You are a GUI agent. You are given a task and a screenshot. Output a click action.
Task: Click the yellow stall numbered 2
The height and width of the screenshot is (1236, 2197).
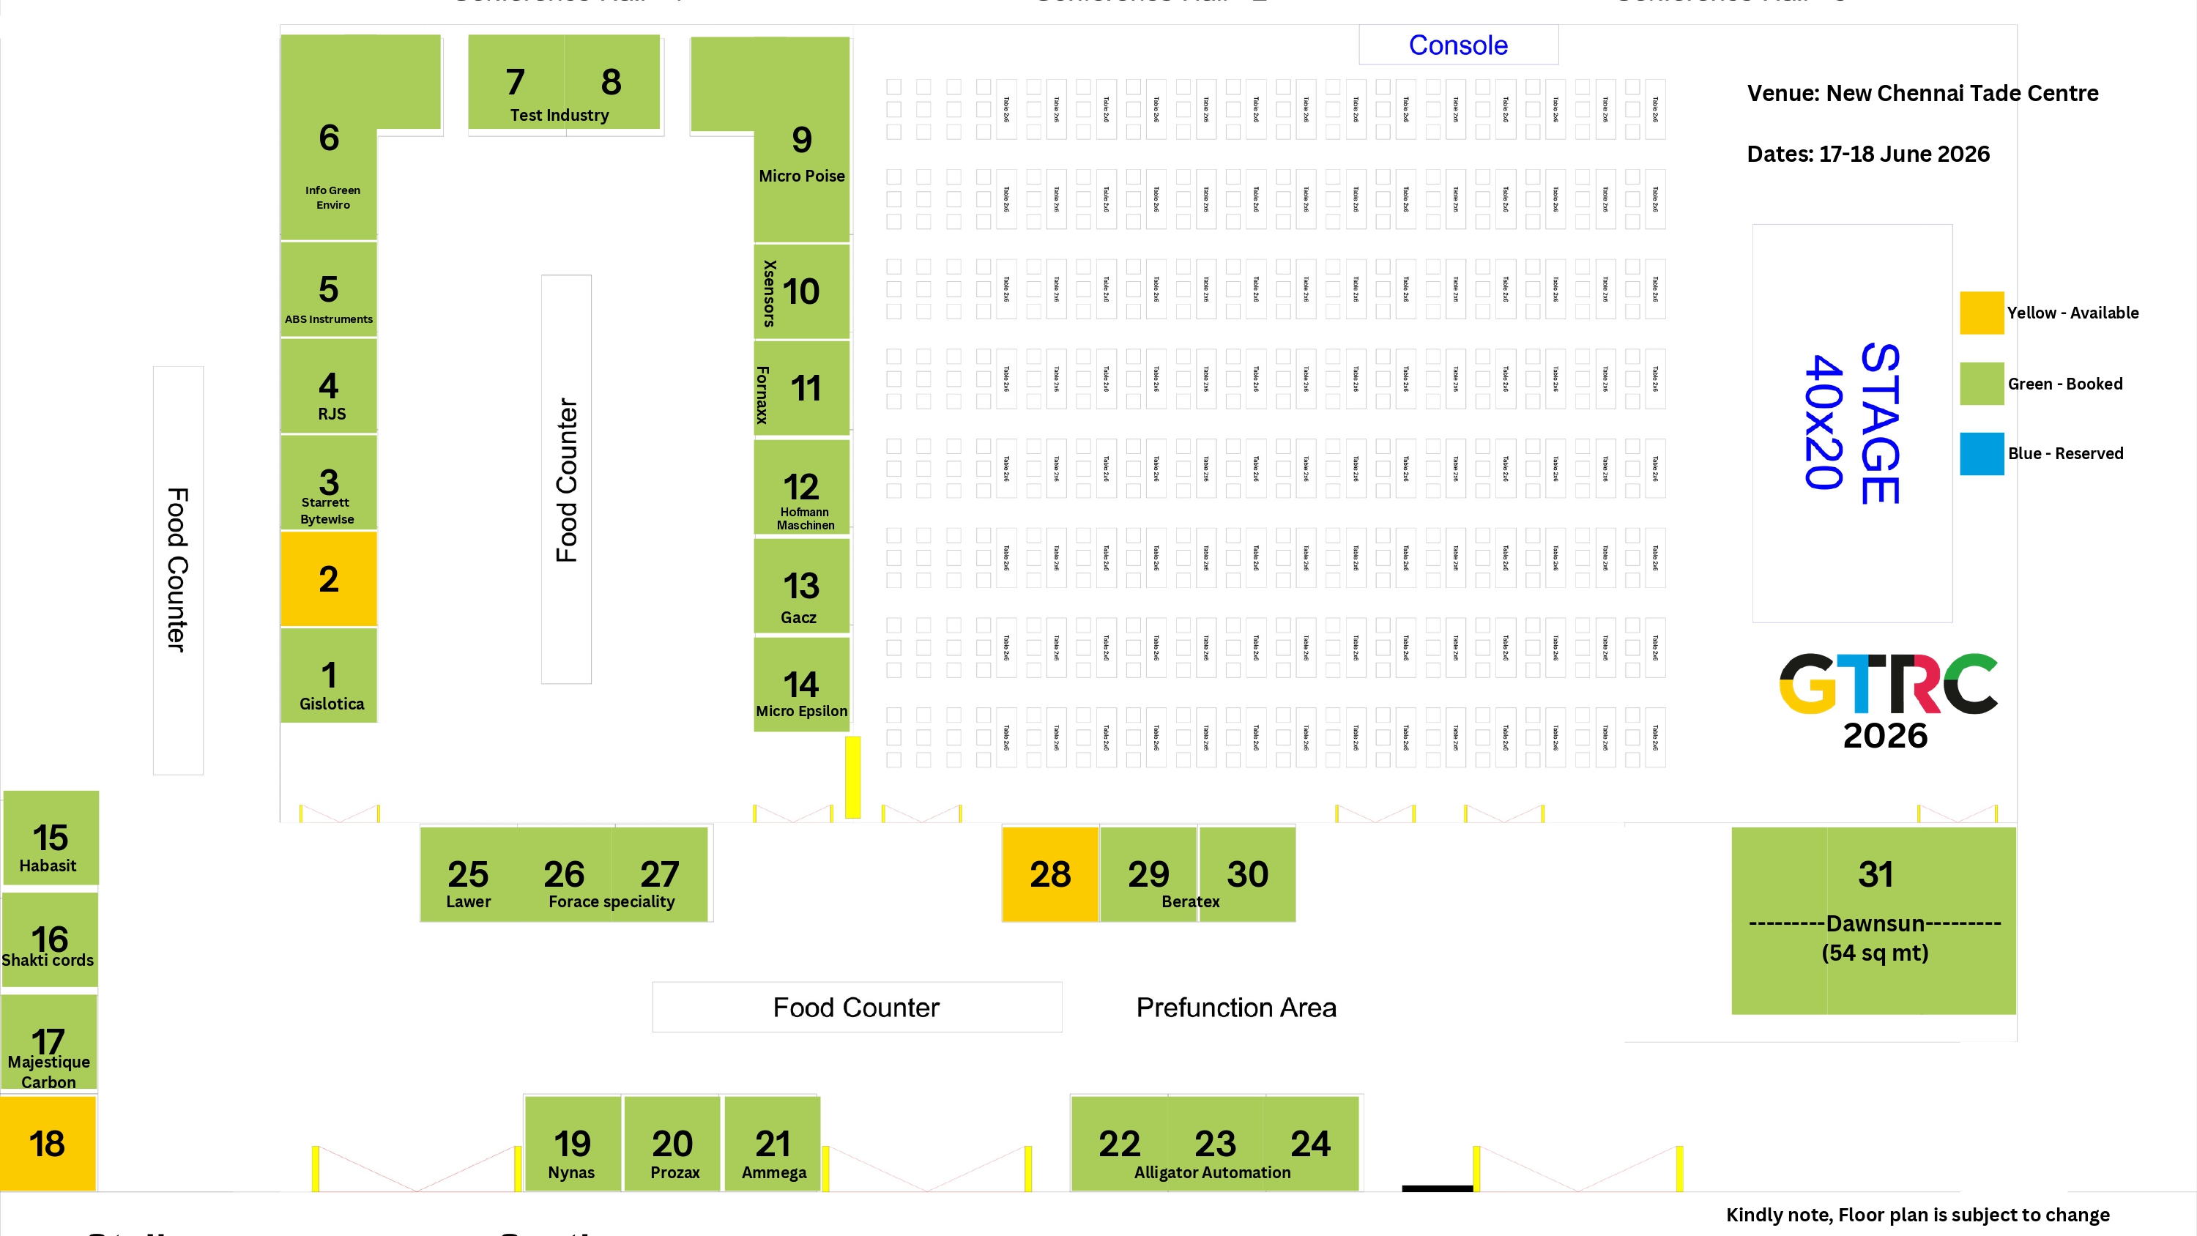tap(328, 579)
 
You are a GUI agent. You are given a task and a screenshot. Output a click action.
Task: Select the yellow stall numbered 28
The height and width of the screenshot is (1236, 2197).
tap(1050, 874)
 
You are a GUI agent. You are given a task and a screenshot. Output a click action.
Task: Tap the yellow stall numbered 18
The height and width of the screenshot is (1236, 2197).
tap(48, 1143)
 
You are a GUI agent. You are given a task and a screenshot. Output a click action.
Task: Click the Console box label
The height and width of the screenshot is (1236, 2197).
tap(1457, 45)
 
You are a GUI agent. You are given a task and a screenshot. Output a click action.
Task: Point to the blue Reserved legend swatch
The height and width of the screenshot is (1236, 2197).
tap(1981, 454)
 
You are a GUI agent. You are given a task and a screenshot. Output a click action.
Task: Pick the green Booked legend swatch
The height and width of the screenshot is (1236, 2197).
tap(1981, 384)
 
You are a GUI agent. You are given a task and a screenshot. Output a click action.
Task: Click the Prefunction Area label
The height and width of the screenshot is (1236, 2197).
tap(1236, 1008)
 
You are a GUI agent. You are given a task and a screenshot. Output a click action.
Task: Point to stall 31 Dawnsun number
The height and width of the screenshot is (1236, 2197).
tap(1876, 874)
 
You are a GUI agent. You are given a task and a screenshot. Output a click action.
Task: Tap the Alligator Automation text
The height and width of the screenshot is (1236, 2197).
tap(1212, 1173)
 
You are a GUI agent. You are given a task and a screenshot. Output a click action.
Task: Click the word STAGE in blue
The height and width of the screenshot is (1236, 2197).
tap(1881, 424)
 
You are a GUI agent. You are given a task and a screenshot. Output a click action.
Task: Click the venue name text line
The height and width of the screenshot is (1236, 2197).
tap(1922, 93)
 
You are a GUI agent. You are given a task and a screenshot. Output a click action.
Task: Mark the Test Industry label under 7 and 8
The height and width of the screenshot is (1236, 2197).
tap(560, 115)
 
